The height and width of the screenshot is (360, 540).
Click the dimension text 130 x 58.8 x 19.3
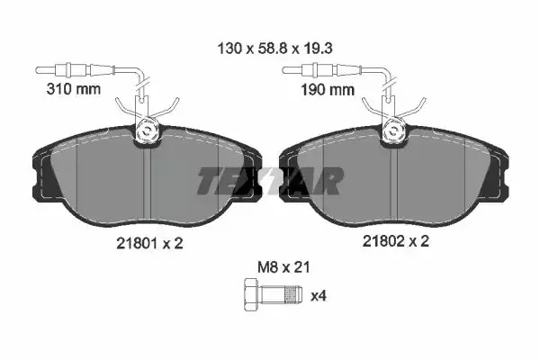[274, 49]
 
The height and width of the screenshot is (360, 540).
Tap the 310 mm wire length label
[74, 89]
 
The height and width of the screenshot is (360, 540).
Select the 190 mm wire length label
[328, 90]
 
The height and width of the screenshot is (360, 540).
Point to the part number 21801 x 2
[149, 244]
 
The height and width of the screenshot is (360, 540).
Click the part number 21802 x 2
[396, 241]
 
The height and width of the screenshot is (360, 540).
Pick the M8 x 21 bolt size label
[283, 267]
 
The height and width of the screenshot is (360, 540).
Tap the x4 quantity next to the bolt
[319, 296]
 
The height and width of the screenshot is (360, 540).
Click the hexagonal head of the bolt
[252, 294]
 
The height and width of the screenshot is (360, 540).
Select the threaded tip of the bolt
[293, 294]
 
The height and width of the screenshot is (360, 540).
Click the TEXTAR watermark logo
[270, 181]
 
